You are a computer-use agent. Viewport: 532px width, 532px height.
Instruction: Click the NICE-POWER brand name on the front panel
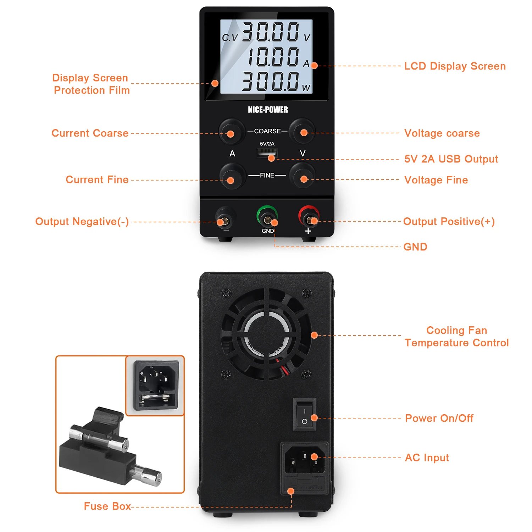coord(268,110)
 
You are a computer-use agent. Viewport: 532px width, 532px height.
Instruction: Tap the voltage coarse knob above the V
coord(302,131)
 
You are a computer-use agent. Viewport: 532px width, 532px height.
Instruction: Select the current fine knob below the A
coord(232,176)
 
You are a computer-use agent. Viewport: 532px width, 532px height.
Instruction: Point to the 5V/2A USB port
coord(267,153)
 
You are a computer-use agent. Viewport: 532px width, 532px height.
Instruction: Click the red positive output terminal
coord(309,216)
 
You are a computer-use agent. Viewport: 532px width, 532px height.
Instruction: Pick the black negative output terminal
coord(225,217)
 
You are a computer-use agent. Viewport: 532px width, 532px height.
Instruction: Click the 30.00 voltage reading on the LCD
coord(271,32)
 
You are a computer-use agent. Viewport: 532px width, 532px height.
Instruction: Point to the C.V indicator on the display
coord(230,38)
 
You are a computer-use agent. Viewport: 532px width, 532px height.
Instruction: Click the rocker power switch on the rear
coord(304,415)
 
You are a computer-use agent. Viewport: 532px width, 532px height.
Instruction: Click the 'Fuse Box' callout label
coord(107,506)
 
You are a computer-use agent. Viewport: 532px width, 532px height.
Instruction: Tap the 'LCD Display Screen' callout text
coord(455,66)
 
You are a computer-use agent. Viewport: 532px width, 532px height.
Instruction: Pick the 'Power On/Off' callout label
coord(439,418)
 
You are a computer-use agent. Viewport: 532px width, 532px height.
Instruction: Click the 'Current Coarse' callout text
coord(90,133)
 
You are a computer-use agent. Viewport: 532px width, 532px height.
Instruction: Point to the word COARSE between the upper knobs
coord(267,131)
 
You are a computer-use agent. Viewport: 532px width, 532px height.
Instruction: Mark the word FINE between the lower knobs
coord(267,176)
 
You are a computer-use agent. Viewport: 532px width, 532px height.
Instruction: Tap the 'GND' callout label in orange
coord(415,247)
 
